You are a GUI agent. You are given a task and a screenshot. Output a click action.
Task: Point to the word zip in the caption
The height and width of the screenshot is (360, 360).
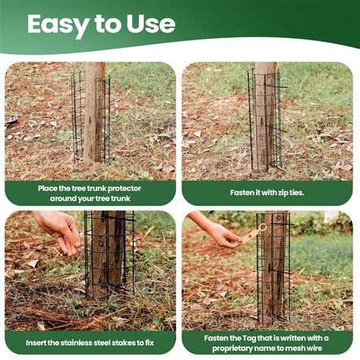click(x=277, y=192)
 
